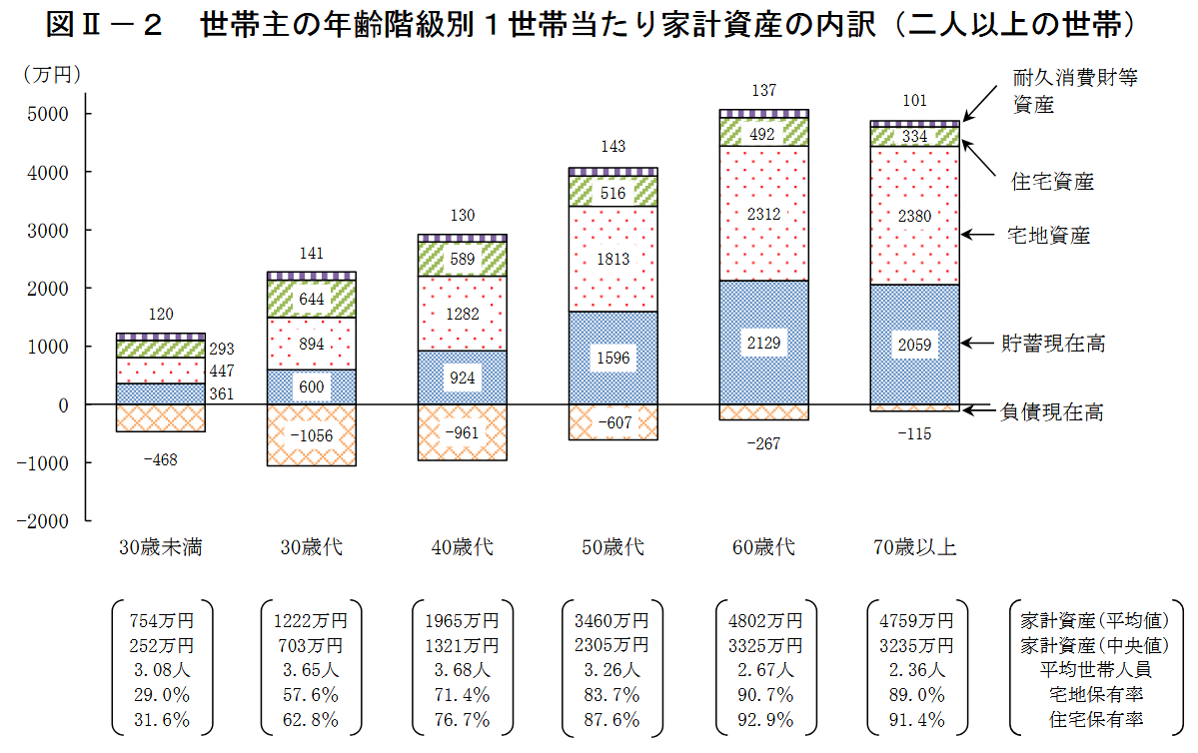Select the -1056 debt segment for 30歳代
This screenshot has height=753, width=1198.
tap(312, 434)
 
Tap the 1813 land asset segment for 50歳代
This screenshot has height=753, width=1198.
tap(613, 260)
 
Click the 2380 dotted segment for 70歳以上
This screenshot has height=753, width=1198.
tap(915, 216)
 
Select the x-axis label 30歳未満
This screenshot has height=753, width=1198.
tap(161, 547)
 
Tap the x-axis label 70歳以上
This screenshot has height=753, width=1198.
tap(915, 547)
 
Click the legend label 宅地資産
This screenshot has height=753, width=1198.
tap(1048, 236)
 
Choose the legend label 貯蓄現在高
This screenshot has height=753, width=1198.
tap(1053, 344)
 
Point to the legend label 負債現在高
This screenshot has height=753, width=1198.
tap(1053, 411)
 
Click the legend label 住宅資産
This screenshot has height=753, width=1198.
tap(1052, 182)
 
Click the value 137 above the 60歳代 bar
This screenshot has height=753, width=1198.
tap(764, 91)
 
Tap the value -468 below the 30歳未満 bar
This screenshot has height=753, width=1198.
tap(161, 458)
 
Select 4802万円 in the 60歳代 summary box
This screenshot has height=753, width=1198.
tap(764, 620)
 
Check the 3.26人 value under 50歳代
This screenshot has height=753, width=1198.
tap(613, 670)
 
